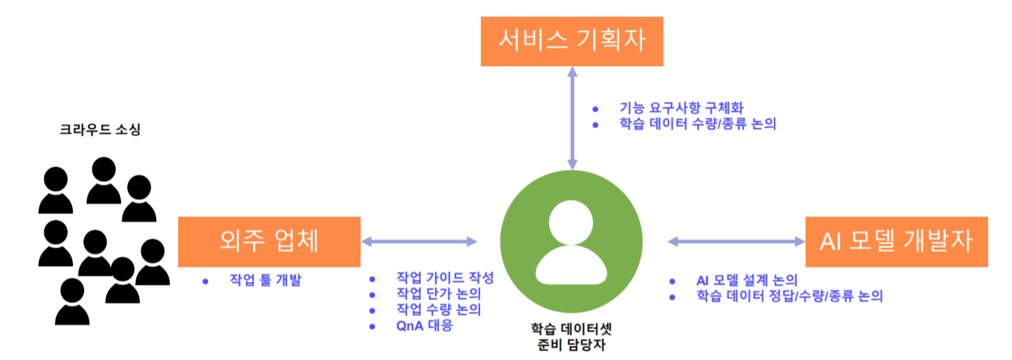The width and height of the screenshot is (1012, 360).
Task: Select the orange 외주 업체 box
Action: point(269,241)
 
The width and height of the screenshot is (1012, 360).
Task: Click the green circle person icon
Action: point(571,241)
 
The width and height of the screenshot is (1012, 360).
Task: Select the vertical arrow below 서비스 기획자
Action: point(572,116)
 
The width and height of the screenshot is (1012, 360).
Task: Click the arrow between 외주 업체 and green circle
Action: point(419,241)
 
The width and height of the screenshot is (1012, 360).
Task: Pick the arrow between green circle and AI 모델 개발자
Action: point(736,241)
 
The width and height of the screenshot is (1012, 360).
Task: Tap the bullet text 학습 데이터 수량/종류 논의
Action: point(697,124)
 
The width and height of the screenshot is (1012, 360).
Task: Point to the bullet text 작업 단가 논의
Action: point(439,293)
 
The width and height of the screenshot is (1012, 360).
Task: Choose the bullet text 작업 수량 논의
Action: point(439,310)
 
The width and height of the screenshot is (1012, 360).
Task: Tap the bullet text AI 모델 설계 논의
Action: point(746,280)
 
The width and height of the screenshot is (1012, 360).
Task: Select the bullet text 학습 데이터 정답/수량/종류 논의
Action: point(789,296)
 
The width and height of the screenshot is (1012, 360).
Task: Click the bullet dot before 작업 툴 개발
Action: point(205,281)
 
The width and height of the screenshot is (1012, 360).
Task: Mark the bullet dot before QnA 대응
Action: point(371,325)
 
